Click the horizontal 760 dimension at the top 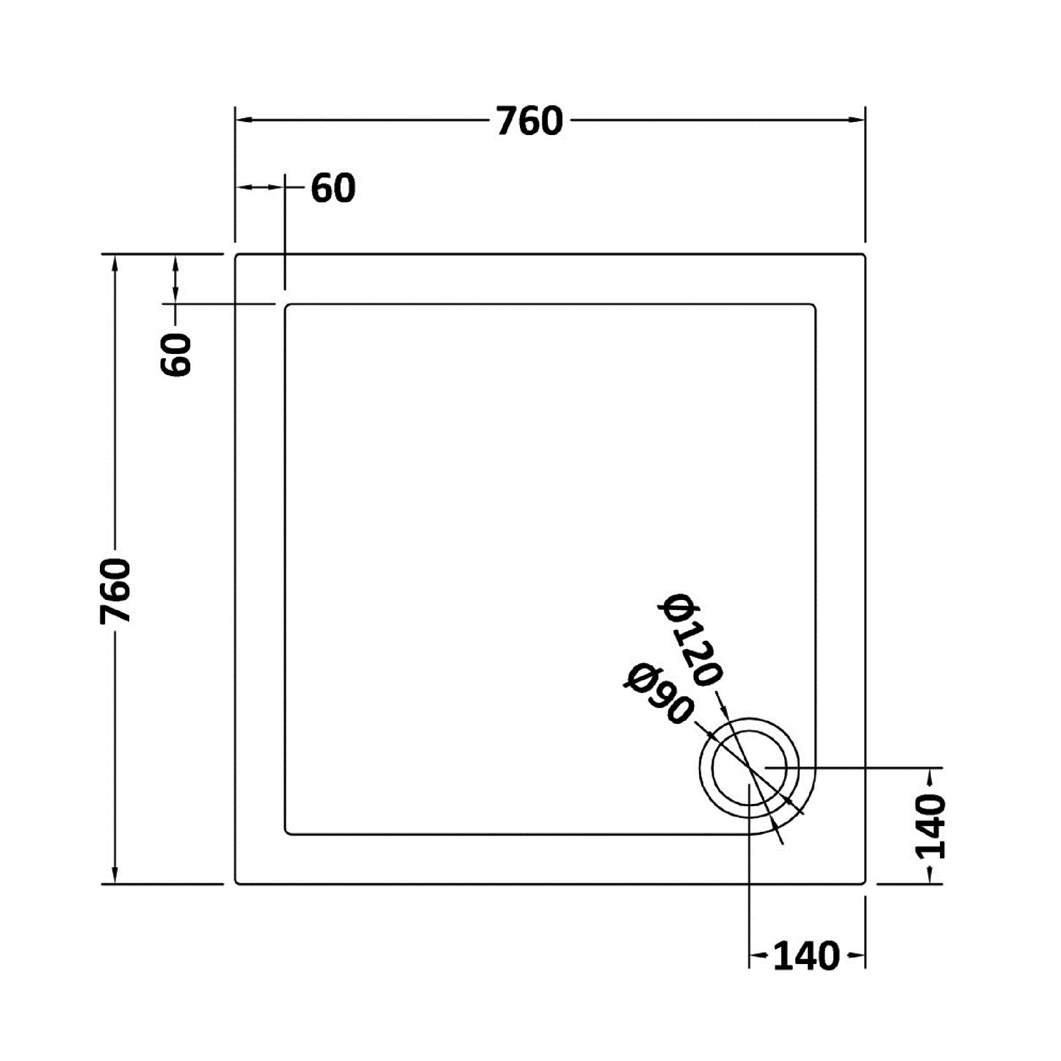coord(529,121)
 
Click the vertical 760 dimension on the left coord(115,591)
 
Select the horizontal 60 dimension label coord(333,189)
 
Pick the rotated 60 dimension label coord(176,355)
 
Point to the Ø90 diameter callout coord(659,693)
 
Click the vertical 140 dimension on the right coord(930,826)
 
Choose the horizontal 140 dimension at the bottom coord(805,956)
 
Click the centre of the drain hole coord(749,768)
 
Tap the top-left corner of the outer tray coord(236,256)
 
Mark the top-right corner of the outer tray coord(863,256)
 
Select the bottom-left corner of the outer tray coord(236,883)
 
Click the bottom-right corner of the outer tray coord(863,883)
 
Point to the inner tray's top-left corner coord(287,305)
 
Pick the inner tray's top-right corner coord(814,305)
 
